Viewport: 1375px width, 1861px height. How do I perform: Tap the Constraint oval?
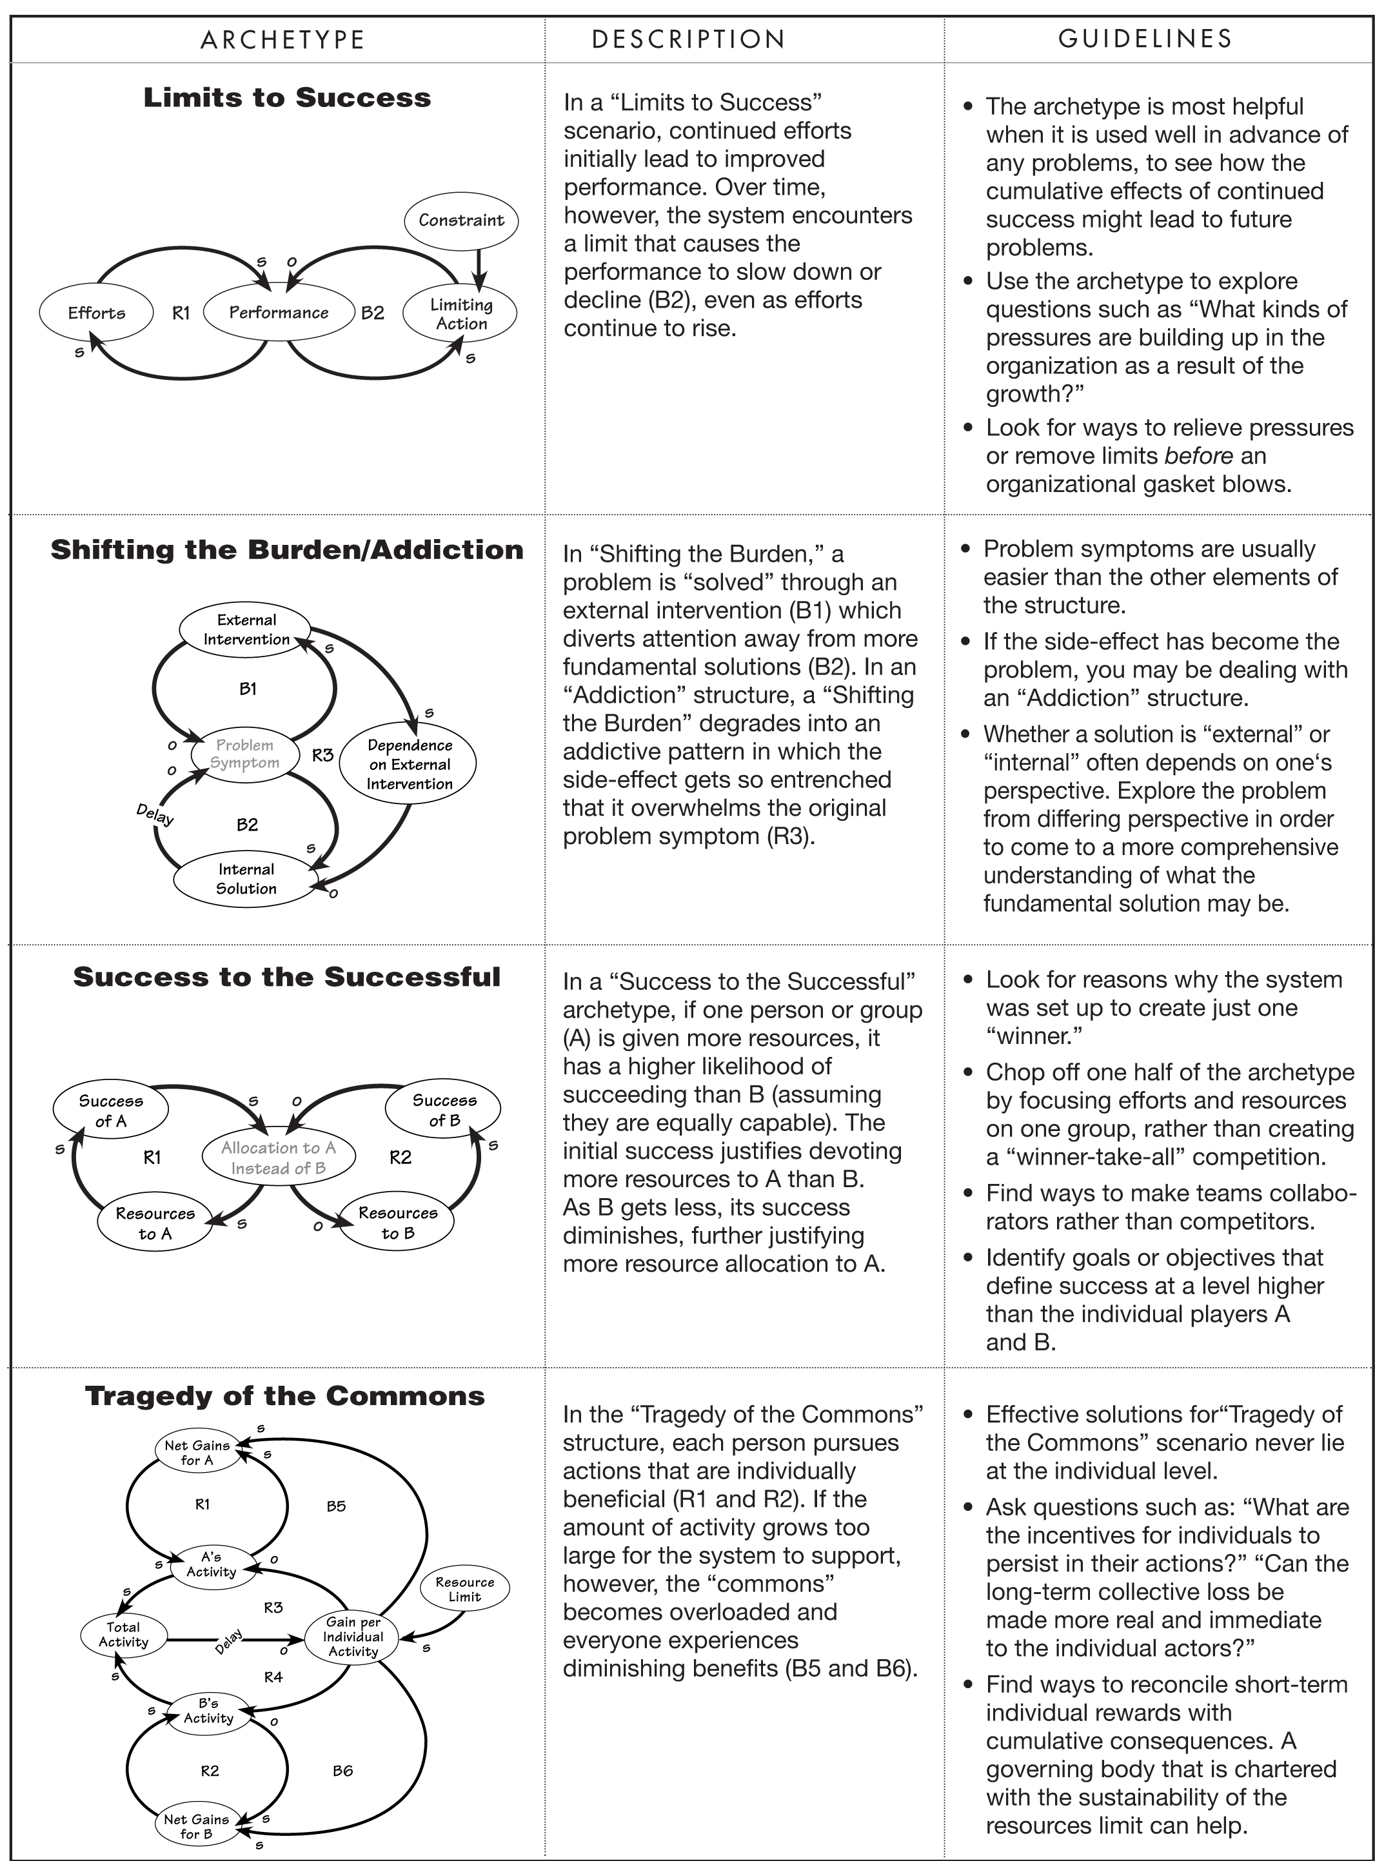coord(461,221)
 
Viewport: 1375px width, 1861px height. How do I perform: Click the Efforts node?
coord(97,313)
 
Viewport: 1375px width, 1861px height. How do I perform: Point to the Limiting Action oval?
coord(460,314)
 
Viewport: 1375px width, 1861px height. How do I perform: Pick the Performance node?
coord(279,313)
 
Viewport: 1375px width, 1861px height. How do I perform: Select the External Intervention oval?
coord(246,629)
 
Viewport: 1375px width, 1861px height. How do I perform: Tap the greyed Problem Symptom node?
coord(244,754)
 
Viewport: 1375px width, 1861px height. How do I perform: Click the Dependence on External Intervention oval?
coord(409,764)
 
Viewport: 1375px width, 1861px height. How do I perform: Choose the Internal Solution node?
coord(246,879)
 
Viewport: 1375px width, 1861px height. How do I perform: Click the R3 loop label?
coord(323,755)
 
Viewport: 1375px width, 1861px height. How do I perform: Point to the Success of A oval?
coord(111,1110)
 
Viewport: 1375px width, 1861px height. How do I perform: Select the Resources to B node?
coord(398,1223)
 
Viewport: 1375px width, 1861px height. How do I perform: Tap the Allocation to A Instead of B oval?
coord(278,1157)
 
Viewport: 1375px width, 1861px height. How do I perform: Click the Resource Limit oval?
coord(464,1589)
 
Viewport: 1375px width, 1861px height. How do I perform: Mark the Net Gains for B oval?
coord(197,1826)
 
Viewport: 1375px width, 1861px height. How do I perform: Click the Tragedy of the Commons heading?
coord(284,1395)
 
